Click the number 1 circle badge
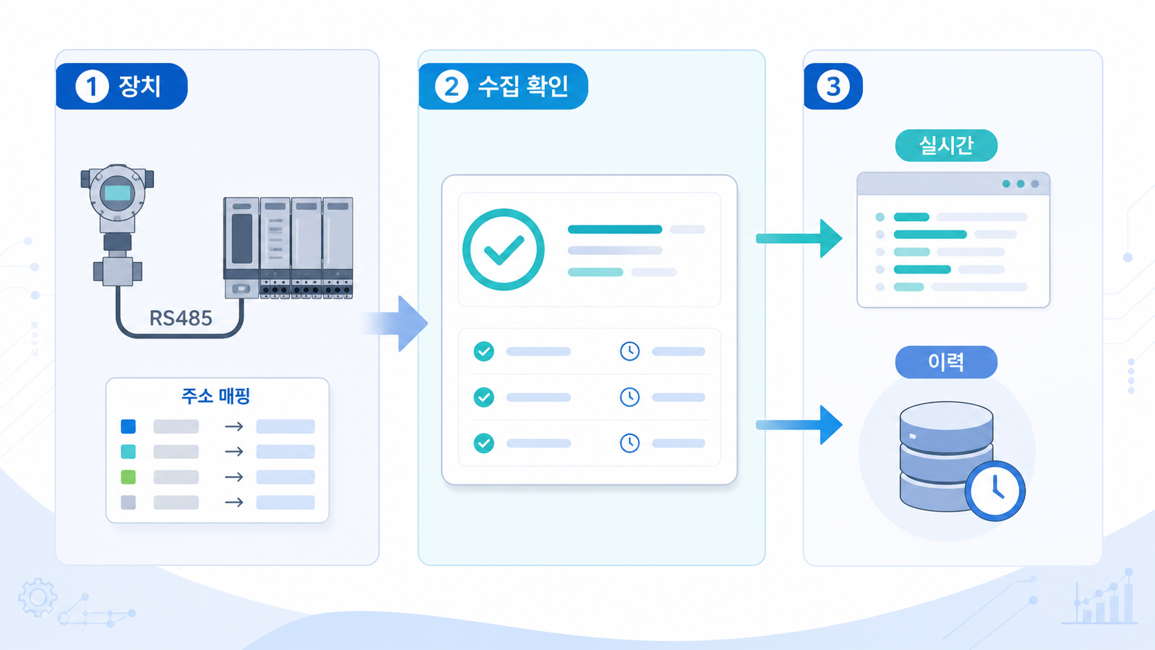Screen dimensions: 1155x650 tap(92, 86)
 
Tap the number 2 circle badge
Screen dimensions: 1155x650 tap(451, 86)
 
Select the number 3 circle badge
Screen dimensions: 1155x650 tap(833, 86)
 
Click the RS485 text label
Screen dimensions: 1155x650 tap(180, 318)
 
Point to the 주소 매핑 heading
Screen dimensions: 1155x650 tap(216, 396)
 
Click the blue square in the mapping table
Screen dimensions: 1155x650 tap(128, 426)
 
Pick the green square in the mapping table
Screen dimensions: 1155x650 tap(128, 477)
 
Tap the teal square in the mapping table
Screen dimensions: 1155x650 tap(128, 452)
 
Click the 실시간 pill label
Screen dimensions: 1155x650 tap(946, 145)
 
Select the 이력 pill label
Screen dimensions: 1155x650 tap(946, 362)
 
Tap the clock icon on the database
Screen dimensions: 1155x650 tap(995, 490)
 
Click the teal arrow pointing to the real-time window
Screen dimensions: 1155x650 tap(799, 238)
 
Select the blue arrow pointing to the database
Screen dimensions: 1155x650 tap(799, 425)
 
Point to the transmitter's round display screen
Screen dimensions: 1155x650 tap(117, 193)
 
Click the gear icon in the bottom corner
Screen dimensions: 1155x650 tap(37, 598)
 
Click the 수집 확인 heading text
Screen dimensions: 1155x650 tap(524, 86)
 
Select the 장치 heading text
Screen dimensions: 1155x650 tap(140, 86)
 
